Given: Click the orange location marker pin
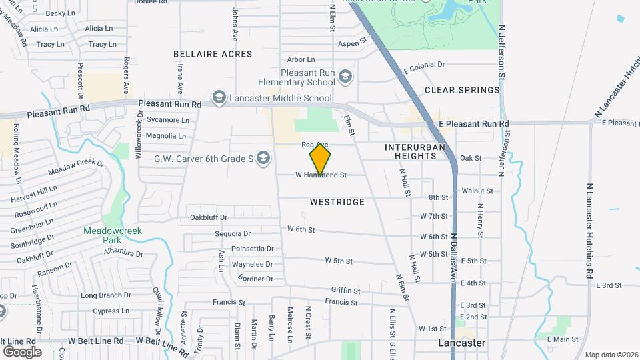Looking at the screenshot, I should click(x=321, y=159).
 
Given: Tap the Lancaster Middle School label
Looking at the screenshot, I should click(x=280, y=99).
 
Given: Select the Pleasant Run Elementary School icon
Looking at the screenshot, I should click(x=345, y=77).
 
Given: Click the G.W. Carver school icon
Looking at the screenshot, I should click(x=263, y=158).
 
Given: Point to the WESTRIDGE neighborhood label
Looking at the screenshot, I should click(x=337, y=201).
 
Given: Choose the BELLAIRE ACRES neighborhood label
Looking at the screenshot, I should click(x=213, y=53).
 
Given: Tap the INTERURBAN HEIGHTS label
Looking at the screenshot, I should click(x=420, y=151).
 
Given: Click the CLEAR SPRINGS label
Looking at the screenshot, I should click(x=462, y=90).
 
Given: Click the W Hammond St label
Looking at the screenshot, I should click(x=322, y=175).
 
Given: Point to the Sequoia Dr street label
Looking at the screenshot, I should click(x=233, y=234).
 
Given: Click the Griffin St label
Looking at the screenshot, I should click(x=345, y=291).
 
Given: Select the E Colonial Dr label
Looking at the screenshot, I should click(x=422, y=65).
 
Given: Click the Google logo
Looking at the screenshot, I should click(x=22, y=351).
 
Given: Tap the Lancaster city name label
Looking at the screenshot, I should click(x=461, y=343).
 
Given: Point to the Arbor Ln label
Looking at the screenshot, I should click(x=300, y=60).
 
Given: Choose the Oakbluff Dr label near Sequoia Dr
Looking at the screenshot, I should click(x=209, y=217).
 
